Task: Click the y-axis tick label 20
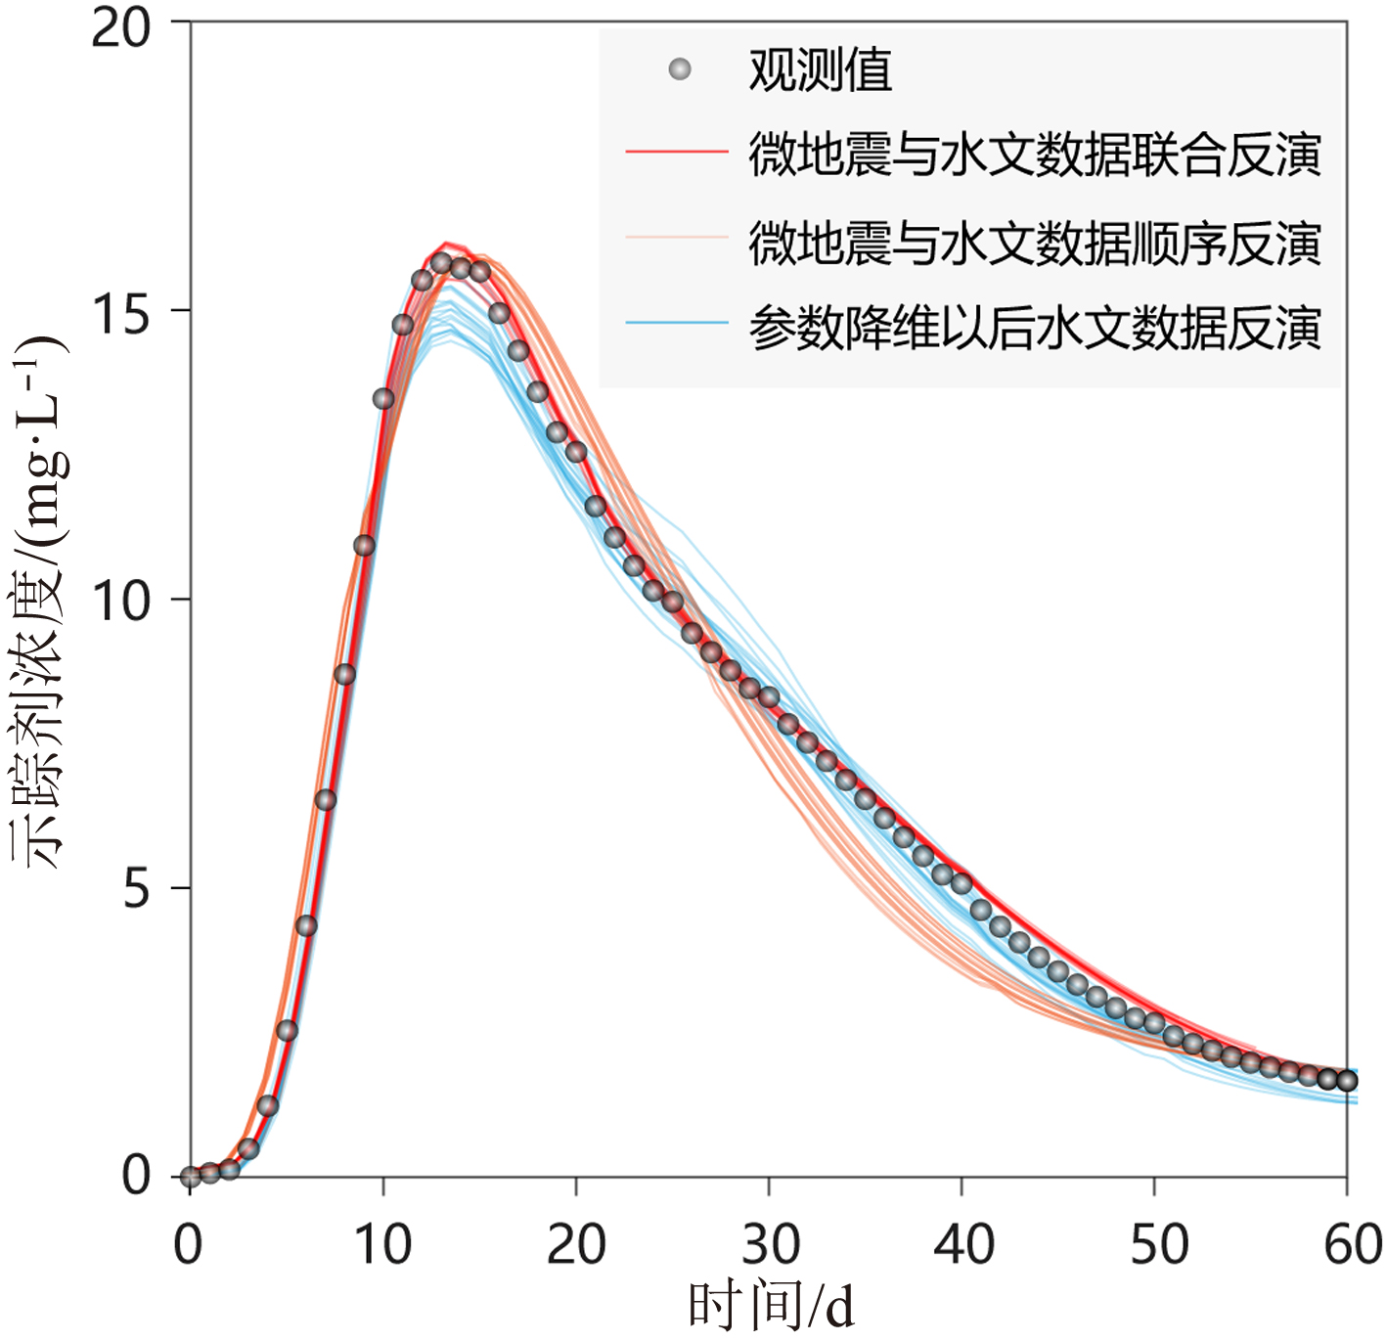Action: tap(121, 27)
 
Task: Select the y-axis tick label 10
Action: tap(121, 600)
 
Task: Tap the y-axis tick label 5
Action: tap(137, 888)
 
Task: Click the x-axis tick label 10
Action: tap(382, 1244)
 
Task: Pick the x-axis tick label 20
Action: tap(576, 1244)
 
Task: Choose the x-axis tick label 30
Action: tap(770, 1244)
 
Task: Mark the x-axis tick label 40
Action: tap(963, 1244)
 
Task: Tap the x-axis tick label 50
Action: tap(1158, 1244)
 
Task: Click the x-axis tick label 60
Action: tap(1352, 1244)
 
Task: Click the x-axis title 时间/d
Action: tap(771, 1306)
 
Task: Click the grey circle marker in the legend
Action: tap(680, 69)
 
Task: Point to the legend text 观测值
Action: tap(820, 70)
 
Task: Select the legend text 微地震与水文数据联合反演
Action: tap(1035, 155)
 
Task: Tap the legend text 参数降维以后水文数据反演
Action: tap(1035, 328)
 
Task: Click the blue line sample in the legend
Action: tap(677, 323)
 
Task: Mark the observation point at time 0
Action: tap(191, 1177)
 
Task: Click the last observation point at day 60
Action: tap(1347, 1080)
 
